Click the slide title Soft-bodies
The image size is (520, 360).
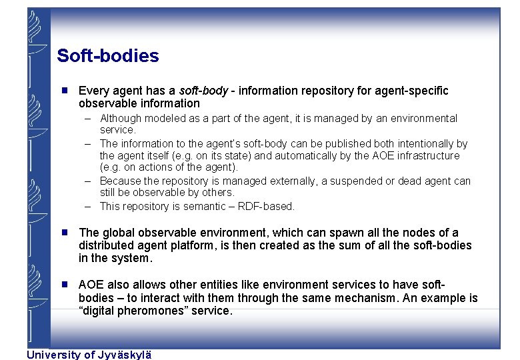[x=108, y=56]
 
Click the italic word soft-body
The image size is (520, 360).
[x=203, y=91]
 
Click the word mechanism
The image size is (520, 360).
[x=361, y=298]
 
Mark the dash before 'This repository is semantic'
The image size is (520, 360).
[x=88, y=207]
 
